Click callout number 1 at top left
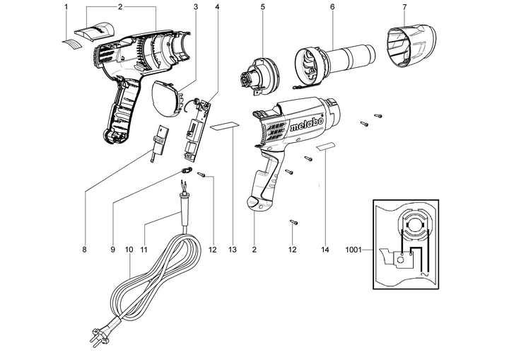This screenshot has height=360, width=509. click(65, 6)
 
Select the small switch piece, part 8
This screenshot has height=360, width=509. click(160, 140)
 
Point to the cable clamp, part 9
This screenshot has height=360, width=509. click(187, 171)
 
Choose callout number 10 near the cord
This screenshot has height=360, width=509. click(129, 250)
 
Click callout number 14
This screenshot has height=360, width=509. click(325, 250)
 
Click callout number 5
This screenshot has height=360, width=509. click(262, 6)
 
